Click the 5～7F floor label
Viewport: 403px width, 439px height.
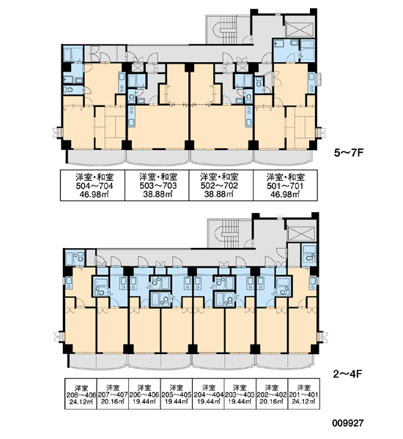(349, 153)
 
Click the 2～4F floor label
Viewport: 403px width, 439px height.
(348, 374)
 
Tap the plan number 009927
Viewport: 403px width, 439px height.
(348, 423)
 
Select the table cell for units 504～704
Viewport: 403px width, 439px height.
(93, 185)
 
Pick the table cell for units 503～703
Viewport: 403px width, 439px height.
(157, 185)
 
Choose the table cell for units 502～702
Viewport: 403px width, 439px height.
(221, 185)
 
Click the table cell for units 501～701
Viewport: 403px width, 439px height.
(286, 185)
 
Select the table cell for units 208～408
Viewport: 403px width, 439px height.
(81, 394)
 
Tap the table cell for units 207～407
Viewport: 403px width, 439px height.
(113, 394)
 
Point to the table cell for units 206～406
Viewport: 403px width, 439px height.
(144, 394)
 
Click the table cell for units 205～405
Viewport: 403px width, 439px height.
(177, 394)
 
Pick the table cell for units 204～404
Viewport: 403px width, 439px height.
(208, 394)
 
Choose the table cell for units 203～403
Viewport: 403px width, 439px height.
(240, 394)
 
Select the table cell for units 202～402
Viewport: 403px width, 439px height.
(272, 394)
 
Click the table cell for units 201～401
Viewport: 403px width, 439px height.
(304, 394)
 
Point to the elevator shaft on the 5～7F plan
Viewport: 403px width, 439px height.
(300, 29)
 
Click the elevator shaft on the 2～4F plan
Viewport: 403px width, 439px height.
(301, 233)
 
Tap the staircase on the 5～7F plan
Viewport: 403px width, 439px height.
(228, 29)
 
